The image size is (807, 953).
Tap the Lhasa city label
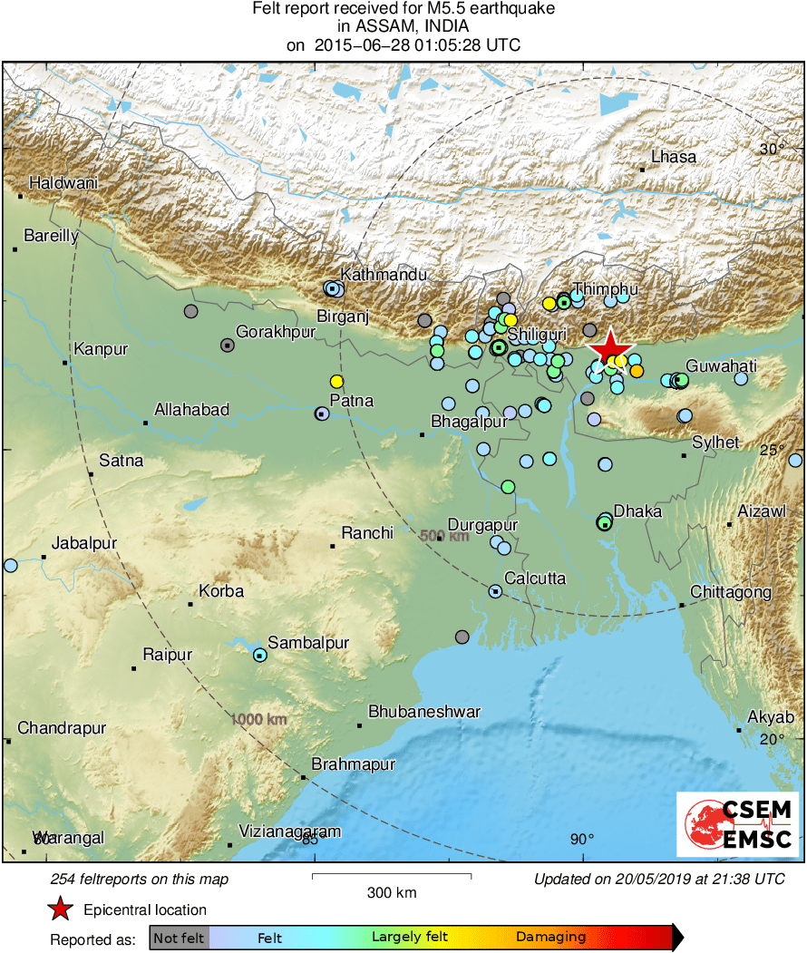pyautogui.click(x=674, y=157)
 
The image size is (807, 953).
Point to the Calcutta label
pyautogui.click(x=535, y=579)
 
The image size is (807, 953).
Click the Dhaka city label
pyautogui.click(x=637, y=511)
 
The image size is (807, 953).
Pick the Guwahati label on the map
pyautogui.click(x=721, y=366)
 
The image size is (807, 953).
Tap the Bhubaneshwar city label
pyautogui.click(x=424, y=712)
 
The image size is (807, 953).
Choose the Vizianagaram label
pyautogui.click(x=289, y=831)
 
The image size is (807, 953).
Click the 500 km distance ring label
pyautogui.click(x=444, y=536)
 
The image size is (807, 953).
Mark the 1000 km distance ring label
pyautogui.click(x=258, y=719)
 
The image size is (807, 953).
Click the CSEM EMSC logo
pyautogui.click(x=738, y=824)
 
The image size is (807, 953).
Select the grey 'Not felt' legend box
pyautogui.click(x=179, y=937)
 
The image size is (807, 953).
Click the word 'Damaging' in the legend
pyautogui.click(x=550, y=937)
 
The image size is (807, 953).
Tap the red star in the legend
pyautogui.click(x=60, y=909)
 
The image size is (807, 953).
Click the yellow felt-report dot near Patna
pyautogui.click(x=337, y=382)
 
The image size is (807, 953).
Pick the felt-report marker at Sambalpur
pyautogui.click(x=260, y=655)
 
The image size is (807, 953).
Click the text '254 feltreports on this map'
pyautogui.click(x=140, y=879)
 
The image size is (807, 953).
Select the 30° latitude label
pyautogui.click(x=773, y=150)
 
